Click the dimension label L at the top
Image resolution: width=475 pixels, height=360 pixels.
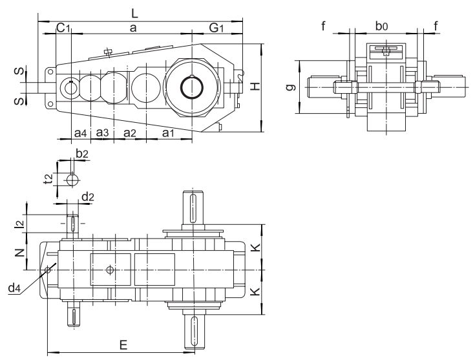pos(134,12)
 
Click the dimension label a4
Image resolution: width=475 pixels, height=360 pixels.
pos(79,132)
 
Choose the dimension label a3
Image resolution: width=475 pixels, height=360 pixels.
pos(102,132)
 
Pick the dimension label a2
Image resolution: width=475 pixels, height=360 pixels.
pos(129,132)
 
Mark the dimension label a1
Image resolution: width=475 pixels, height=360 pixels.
pos(168,132)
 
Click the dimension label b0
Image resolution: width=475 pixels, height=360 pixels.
pos(383,26)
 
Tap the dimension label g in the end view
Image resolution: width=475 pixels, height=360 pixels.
pos(293,85)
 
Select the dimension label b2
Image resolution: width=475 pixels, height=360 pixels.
pos(81,153)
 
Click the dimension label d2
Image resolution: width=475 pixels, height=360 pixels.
pos(87,196)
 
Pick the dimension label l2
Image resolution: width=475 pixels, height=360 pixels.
pos(20,224)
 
